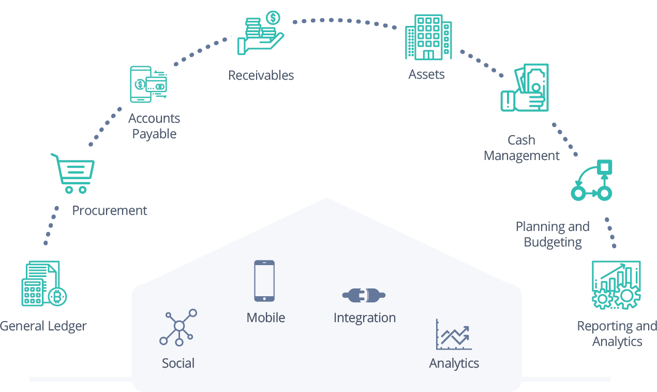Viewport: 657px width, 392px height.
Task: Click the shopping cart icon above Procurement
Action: (x=73, y=173)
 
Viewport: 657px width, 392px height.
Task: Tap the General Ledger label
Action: (x=43, y=326)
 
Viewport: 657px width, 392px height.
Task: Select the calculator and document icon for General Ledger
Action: (x=43, y=283)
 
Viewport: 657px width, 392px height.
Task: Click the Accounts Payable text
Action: (x=154, y=126)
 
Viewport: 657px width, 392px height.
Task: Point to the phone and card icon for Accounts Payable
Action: (x=149, y=84)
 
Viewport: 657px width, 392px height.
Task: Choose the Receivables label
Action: (x=261, y=76)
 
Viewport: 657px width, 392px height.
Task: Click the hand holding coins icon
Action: (x=260, y=34)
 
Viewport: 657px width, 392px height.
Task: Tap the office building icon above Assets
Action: (x=428, y=37)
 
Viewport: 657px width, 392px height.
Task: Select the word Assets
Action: (x=426, y=75)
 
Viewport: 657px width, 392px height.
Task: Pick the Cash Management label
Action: (x=521, y=148)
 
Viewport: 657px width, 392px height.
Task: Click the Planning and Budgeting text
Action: (x=553, y=234)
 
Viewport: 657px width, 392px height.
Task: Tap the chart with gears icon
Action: (x=616, y=285)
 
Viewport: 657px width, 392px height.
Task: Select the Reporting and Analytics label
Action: (x=617, y=334)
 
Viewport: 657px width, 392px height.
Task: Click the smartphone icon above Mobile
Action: (x=264, y=281)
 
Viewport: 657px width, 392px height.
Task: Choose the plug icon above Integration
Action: (x=364, y=296)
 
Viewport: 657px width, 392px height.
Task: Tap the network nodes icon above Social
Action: (x=178, y=327)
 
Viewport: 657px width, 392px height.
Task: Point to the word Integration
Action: (x=365, y=318)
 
